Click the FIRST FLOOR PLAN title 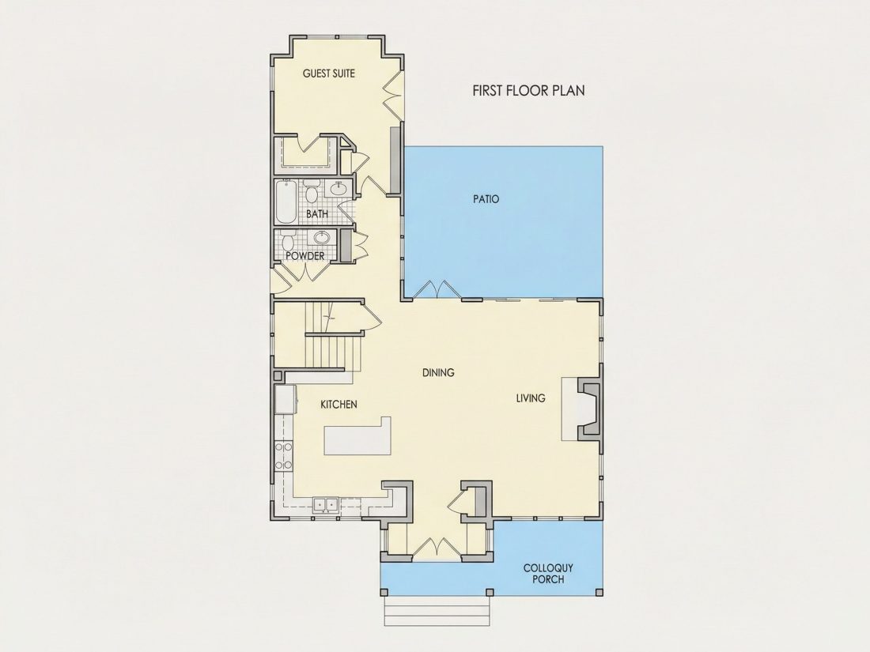(x=528, y=90)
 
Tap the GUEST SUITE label (x=329, y=73)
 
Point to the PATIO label (x=486, y=198)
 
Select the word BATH (x=317, y=213)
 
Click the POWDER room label (x=304, y=256)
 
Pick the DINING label (x=438, y=372)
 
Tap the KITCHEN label (x=339, y=405)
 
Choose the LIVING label (x=531, y=398)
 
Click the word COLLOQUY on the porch (x=548, y=568)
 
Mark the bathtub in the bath (x=287, y=202)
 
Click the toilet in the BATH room (x=312, y=192)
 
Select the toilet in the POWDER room (x=287, y=240)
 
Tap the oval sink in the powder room (x=322, y=238)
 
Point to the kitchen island (x=357, y=435)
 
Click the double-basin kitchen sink (x=326, y=505)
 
